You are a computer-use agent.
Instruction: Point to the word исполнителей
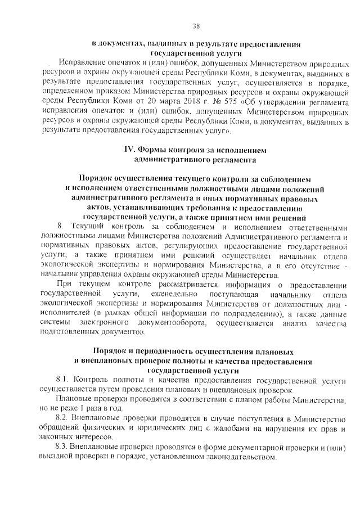65,314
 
